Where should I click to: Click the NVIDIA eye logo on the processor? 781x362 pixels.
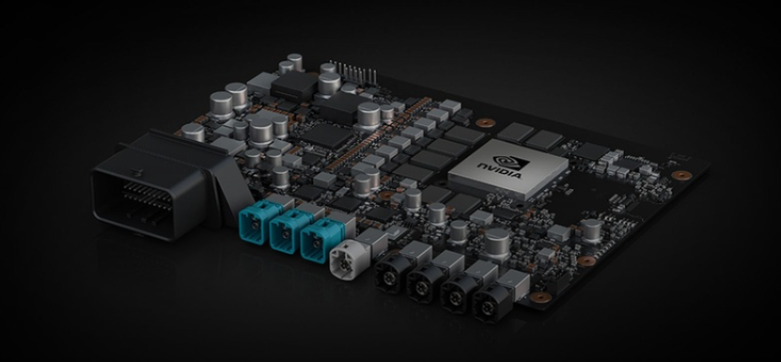[511, 163]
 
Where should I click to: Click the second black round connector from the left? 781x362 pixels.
[421, 282]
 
